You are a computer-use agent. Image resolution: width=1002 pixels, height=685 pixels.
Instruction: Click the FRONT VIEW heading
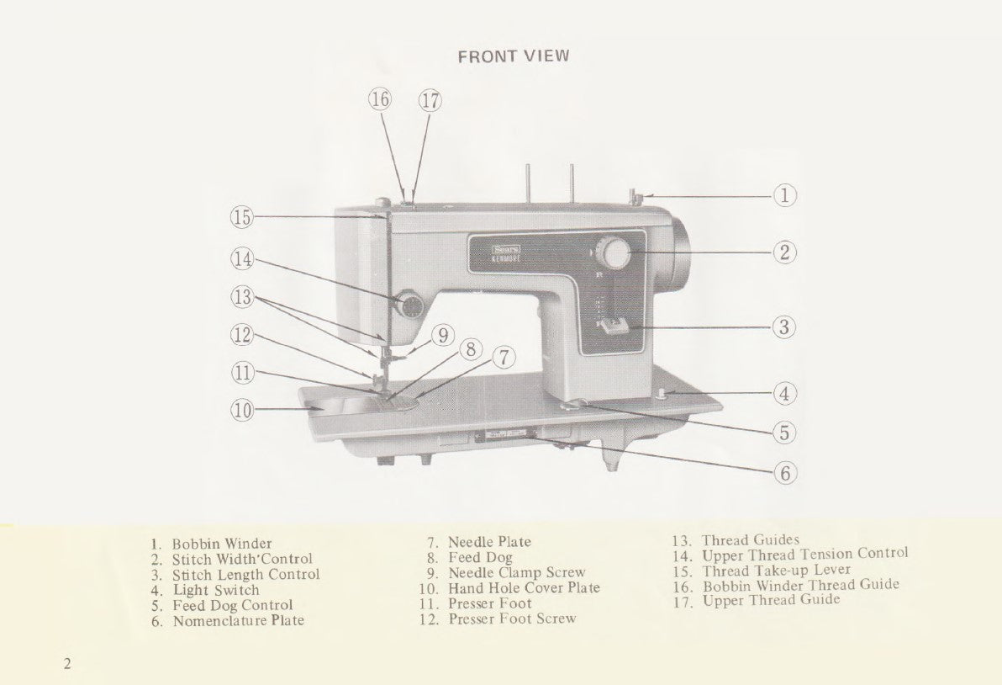tap(514, 56)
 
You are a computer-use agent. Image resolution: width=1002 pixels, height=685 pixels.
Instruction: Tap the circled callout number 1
tap(784, 196)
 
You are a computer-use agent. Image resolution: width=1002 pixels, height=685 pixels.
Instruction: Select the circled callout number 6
tap(784, 473)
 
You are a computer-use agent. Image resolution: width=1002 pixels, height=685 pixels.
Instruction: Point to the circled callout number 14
tap(243, 259)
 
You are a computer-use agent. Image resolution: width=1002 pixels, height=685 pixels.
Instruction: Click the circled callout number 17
tap(430, 100)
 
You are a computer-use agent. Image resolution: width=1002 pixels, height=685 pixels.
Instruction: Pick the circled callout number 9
tap(443, 335)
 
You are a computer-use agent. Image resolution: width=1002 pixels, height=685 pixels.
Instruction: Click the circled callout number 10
tap(243, 411)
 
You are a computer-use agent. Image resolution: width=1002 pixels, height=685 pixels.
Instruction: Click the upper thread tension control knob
tap(410, 306)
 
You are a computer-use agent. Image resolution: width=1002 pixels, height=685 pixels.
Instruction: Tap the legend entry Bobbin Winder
tap(222, 544)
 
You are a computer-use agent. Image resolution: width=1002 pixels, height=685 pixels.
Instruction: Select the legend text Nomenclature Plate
tap(239, 621)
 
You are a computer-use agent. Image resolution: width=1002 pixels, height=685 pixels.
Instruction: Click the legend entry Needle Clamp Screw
tap(516, 573)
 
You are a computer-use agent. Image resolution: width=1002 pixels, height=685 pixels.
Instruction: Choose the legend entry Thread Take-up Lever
tap(776, 571)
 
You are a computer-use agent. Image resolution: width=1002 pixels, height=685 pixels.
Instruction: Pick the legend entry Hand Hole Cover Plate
tap(524, 588)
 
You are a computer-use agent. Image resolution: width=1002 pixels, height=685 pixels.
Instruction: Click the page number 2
tap(67, 664)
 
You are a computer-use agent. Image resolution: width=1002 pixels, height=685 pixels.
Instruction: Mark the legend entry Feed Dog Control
tap(233, 606)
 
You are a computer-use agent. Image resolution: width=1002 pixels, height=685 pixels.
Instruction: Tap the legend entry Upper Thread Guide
tap(771, 601)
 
